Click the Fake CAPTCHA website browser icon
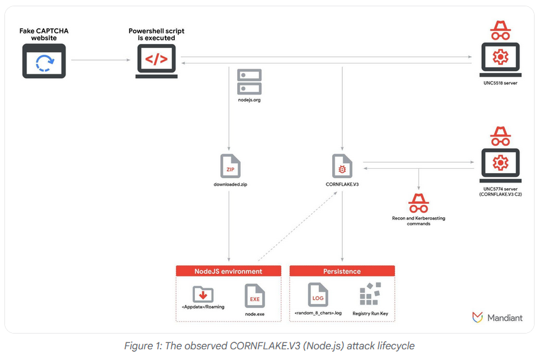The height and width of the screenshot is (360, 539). (44, 61)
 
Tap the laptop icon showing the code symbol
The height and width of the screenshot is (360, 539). (157, 61)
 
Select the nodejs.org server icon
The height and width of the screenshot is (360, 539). (249, 82)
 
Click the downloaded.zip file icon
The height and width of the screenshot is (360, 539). (230, 166)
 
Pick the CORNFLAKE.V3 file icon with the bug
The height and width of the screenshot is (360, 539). (342, 166)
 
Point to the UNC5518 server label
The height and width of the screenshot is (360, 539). (500, 83)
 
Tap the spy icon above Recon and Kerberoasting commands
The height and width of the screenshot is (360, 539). (418, 203)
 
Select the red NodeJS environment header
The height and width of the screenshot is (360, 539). (228, 271)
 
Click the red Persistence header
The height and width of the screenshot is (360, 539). (342, 271)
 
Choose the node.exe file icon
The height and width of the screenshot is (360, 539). (255, 296)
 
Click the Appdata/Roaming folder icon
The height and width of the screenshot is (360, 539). (203, 294)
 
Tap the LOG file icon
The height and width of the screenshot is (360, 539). (318, 295)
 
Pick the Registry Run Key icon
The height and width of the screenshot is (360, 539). (370, 294)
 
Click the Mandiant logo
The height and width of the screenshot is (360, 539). (497, 317)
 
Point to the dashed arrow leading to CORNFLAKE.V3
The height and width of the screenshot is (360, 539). (297, 226)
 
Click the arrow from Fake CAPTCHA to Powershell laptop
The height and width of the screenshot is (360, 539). (101, 60)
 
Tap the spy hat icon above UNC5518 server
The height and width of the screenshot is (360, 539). (501, 30)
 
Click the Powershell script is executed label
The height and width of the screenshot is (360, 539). (157, 35)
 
